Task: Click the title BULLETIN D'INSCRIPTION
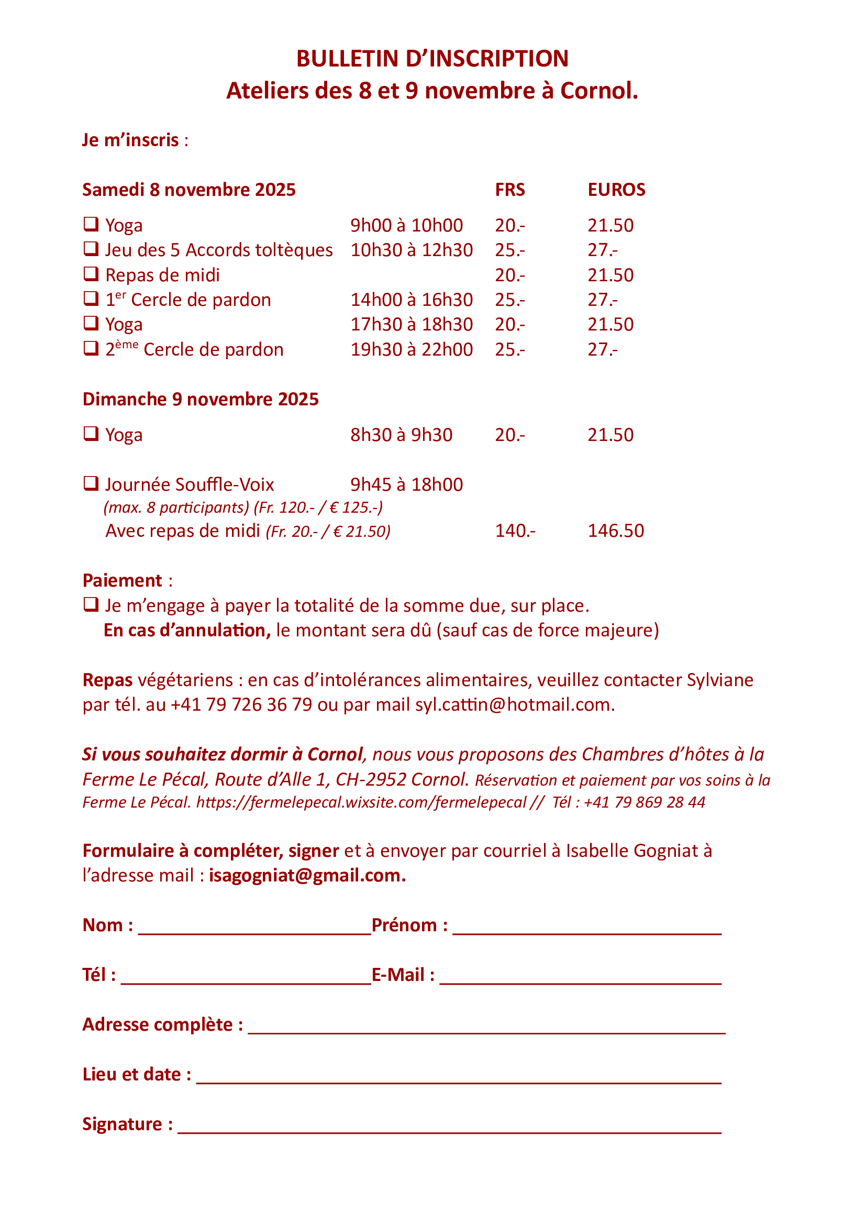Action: [x=432, y=59]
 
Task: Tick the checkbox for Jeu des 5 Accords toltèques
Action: [x=91, y=249]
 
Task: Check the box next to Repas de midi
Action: [x=91, y=274]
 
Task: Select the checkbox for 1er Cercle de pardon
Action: [x=91, y=298]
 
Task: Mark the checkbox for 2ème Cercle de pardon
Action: [x=91, y=348]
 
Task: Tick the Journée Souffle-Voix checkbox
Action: [x=91, y=483]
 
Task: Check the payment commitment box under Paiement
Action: [x=91, y=604]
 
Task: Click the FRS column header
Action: [x=510, y=190]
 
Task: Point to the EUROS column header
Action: [x=616, y=190]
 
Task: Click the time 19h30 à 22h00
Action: [x=411, y=349]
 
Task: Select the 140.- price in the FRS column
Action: [x=515, y=531]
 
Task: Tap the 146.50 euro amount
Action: [x=615, y=531]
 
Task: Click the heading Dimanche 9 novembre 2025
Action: [x=201, y=399]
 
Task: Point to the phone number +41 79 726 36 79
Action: [x=241, y=705]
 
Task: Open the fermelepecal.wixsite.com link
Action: [x=361, y=802]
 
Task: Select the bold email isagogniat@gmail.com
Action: [x=307, y=876]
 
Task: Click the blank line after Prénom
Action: [x=586, y=929]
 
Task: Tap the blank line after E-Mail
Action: [x=580, y=978]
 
